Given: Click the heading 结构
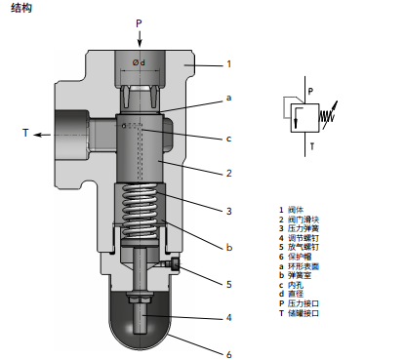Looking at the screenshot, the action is (21, 8).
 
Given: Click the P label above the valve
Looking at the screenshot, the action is (139, 23).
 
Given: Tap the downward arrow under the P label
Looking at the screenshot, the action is (140, 39).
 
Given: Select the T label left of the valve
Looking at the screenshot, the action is (25, 133).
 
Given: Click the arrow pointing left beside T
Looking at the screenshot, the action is (42, 135).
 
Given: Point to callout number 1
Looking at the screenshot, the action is (228, 63).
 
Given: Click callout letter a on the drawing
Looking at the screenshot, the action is (228, 98).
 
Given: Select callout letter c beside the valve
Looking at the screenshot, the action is (228, 139).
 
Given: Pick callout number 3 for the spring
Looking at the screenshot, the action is (229, 211).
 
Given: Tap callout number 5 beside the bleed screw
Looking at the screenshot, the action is (229, 284).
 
